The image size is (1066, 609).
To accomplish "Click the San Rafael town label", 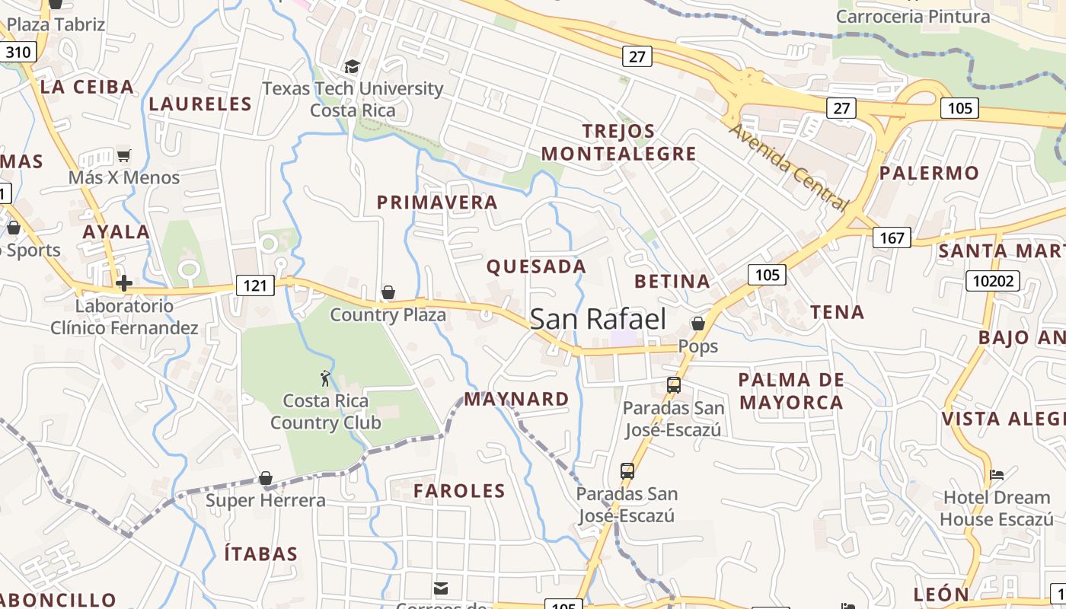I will pos(598,319).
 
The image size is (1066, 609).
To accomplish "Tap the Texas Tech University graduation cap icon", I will pos(351,67).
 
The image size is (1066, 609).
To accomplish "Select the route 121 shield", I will pos(254,285).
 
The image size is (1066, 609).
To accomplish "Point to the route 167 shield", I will pos(892,238).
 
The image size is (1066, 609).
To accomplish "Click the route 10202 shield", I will pos(993,282).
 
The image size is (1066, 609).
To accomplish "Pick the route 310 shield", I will pos(18,53).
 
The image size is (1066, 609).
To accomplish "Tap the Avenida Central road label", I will pos(788,167).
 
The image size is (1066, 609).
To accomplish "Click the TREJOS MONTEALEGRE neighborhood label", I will pos(618,142).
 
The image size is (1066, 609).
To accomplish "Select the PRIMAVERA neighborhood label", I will pos(437,202).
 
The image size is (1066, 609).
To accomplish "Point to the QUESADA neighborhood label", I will pos(536,266).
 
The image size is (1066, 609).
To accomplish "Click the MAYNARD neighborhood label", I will pos(516,399).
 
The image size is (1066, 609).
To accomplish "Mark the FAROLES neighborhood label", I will pos(459,491).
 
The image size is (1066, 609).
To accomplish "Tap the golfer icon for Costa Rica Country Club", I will pos(325,378).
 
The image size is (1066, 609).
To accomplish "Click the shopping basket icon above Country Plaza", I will pos(388,292).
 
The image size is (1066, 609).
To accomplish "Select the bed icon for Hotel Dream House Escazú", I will pos(996,475).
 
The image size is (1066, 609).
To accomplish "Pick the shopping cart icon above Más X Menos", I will pos(123,155).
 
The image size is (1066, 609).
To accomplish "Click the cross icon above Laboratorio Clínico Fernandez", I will pos(123,284).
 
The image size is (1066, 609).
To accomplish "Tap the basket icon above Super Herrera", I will pos(265,478).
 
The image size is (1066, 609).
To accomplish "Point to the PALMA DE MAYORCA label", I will pos(791,391).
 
